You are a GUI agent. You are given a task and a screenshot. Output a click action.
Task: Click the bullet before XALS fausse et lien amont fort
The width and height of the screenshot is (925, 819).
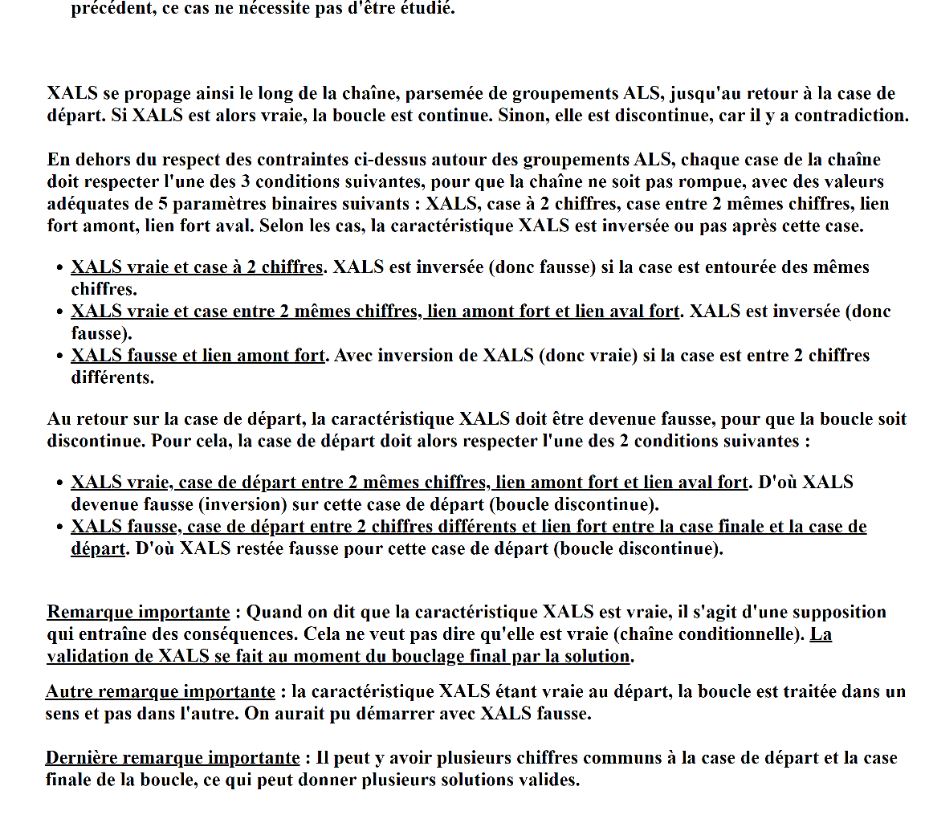pyautogui.click(x=60, y=356)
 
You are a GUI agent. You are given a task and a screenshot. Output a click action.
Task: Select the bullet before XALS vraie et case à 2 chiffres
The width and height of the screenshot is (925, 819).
pyautogui.click(x=60, y=267)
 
